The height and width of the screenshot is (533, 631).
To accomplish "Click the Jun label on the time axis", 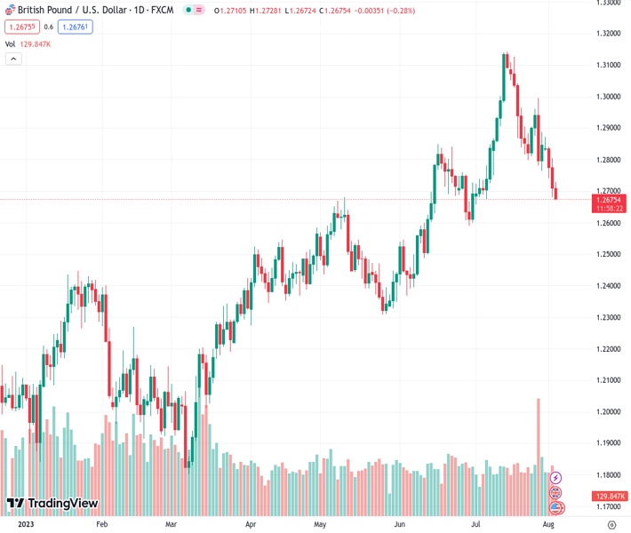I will pyautogui.click(x=399, y=525).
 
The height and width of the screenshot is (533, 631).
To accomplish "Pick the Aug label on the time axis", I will pyautogui.click(x=549, y=525).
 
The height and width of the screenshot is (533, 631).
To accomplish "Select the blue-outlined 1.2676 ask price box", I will pyautogui.click(x=75, y=27).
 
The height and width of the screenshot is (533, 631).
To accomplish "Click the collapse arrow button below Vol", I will pyautogui.click(x=12, y=59).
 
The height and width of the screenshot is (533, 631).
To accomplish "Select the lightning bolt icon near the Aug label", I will pyautogui.click(x=556, y=479).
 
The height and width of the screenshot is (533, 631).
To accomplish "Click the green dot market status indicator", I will pyautogui.click(x=188, y=11).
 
